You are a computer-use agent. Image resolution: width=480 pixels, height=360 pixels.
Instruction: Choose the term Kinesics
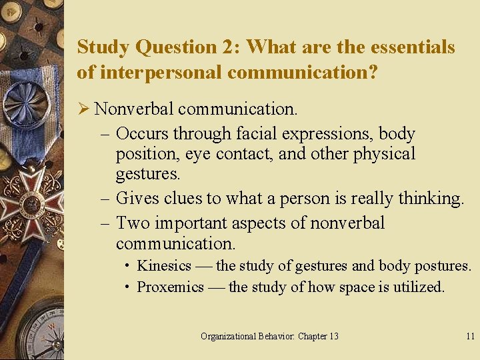(x=164, y=265)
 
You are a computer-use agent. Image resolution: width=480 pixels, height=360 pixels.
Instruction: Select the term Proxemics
(x=170, y=287)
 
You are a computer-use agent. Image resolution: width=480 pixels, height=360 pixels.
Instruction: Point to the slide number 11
(x=470, y=336)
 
